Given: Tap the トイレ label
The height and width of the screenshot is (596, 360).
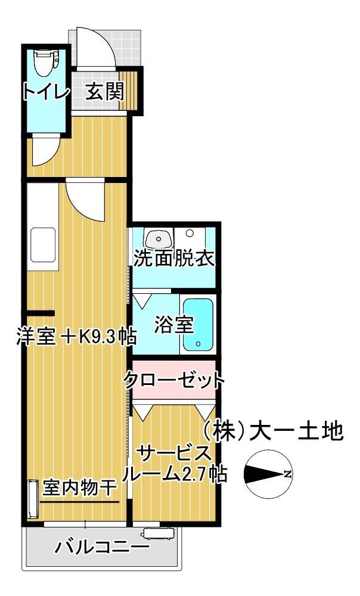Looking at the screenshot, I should pos(46,92).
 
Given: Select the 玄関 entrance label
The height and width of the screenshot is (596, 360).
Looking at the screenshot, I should pos(104,92).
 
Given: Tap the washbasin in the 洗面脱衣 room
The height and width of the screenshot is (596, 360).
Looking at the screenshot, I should pos(159,238).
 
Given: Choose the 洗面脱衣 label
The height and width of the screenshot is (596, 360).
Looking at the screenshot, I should pos(173,259).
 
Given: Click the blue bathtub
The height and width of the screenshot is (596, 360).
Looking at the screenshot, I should pos(197,324).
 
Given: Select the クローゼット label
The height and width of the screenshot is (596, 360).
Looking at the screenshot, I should pos(174,379).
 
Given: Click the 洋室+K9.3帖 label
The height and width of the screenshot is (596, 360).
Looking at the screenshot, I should pos(76,337).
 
